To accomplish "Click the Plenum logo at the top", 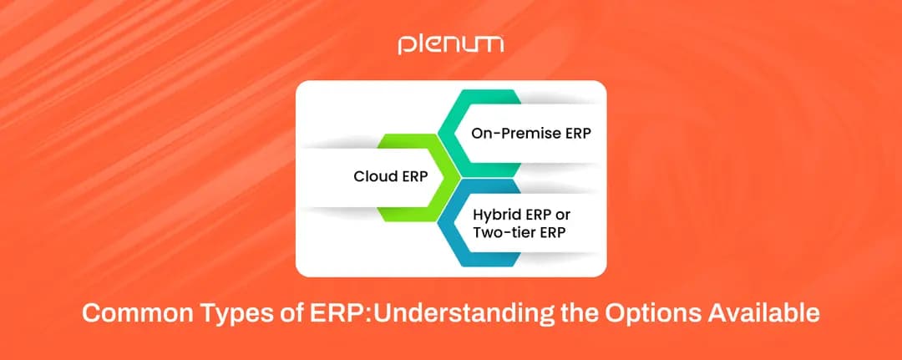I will (x=450, y=44).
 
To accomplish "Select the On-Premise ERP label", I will (x=517, y=134).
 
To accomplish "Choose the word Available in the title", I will (x=764, y=315).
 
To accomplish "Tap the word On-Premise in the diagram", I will (x=505, y=134).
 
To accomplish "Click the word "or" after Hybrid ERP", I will (x=562, y=214).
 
